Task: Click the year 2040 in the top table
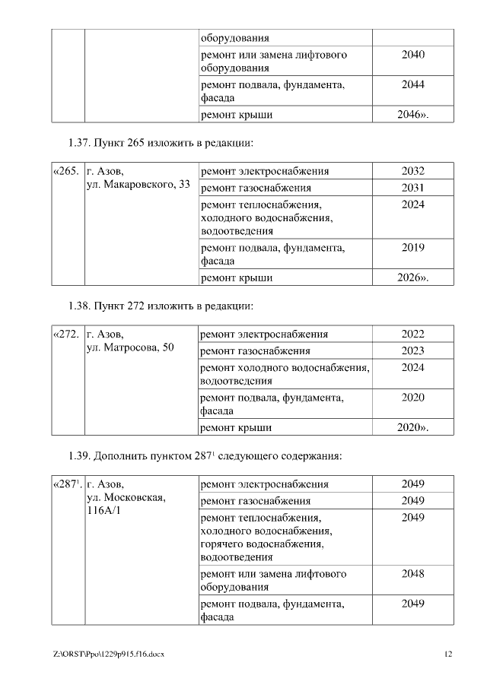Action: (412, 55)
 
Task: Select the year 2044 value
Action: (412, 85)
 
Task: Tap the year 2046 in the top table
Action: (412, 115)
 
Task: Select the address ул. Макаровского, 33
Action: (138, 185)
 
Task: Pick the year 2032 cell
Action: (412, 171)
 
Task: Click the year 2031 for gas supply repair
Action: (412, 188)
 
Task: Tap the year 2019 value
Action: (412, 247)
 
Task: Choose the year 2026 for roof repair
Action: (412, 277)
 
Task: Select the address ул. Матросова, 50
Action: (131, 347)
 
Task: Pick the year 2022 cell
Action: (412, 334)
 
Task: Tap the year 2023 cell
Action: (412, 350)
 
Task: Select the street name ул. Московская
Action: (126, 497)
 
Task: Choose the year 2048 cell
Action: (412, 573)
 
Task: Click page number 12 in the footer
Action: (448, 654)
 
